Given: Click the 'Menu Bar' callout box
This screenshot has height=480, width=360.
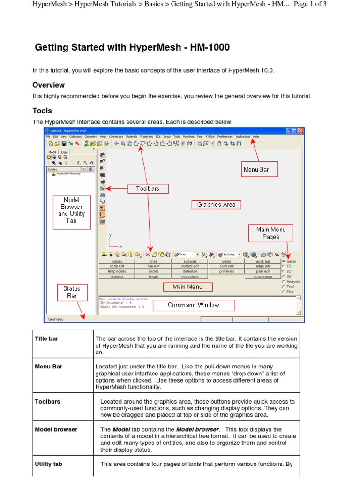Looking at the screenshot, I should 256,169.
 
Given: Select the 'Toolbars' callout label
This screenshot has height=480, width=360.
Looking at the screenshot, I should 148,188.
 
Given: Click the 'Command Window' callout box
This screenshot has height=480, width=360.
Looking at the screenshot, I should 194,305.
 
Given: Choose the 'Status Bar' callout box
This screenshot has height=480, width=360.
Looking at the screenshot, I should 72,292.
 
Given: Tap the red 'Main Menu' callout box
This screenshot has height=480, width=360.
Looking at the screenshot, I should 187,287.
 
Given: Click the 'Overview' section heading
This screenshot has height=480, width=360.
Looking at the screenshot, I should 49,85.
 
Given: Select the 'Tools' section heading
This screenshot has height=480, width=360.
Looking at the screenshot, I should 42,111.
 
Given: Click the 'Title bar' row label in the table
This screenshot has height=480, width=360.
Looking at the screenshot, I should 46,338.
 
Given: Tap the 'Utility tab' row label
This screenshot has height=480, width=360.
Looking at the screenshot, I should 48,464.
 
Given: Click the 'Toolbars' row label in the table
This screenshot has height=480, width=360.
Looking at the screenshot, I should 47,402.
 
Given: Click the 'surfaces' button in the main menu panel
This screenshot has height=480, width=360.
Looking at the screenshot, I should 190,261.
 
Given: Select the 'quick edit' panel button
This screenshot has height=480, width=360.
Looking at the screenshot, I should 263,261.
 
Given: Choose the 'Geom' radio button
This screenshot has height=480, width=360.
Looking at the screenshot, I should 284,261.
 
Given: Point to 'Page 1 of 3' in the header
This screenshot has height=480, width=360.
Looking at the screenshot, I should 310,4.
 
